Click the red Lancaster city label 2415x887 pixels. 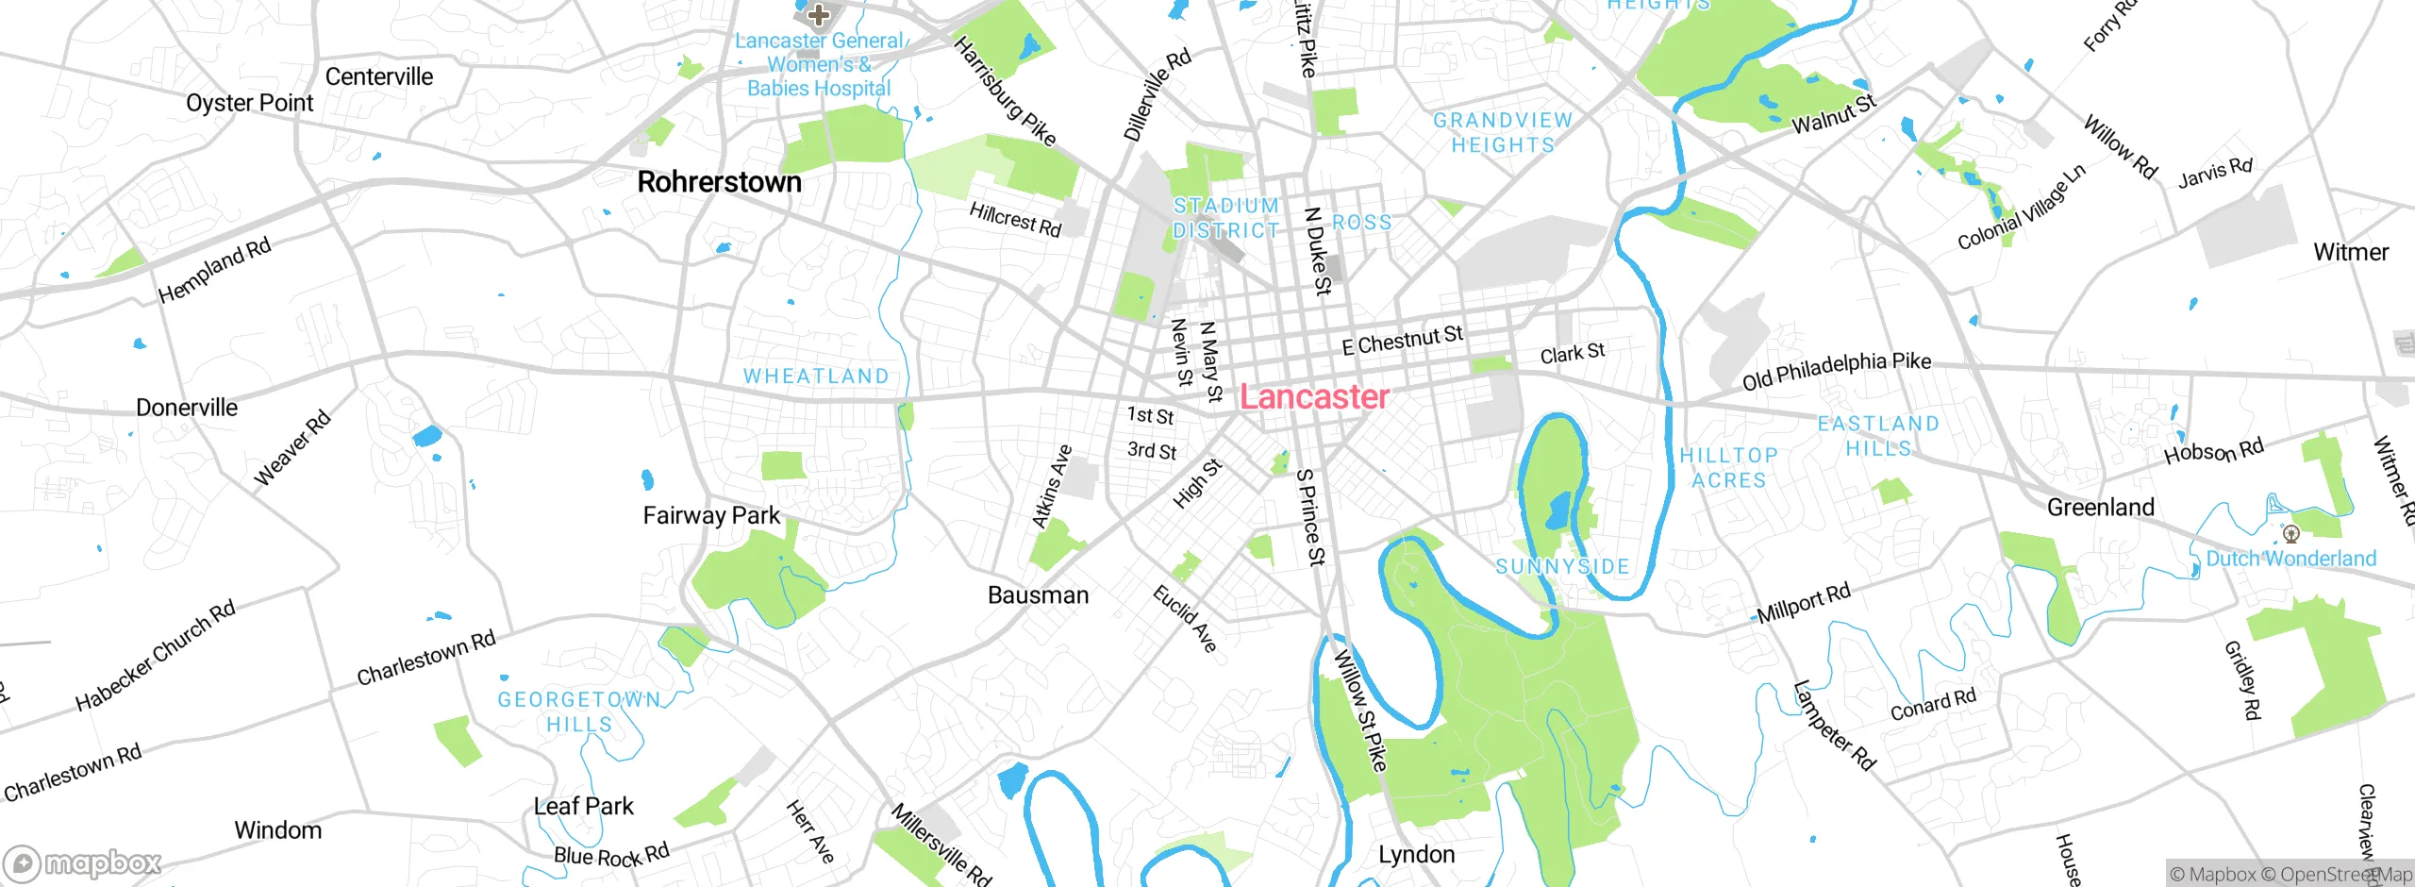(x=1313, y=397)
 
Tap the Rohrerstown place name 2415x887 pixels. (x=719, y=182)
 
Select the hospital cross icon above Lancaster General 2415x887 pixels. (x=818, y=14)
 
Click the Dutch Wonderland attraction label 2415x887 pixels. (x=2290, y=559)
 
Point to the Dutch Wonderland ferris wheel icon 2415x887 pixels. (x=2290, y=535)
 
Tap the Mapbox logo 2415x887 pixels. (x=83, y=863)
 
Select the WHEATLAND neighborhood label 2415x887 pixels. (x=816, y=377)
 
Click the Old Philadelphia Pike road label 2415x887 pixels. (x=1836, y=371)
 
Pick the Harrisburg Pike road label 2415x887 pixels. (x=1004, y=92)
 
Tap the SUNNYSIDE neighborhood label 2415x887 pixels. (x=1562, y=567)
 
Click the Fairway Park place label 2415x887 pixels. (x=711, y=515)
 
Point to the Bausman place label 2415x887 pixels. (x=1038, y=595)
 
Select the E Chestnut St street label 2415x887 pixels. (x=1402, y=340)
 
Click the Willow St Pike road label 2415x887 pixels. (x=1359, y=710)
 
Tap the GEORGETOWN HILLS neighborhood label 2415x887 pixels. (x=579, y=712)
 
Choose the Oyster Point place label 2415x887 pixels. (x=249, y=103)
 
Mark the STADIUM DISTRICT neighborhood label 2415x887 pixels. (x=1225, y=218)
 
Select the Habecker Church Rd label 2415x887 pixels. (x=156, y=656)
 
